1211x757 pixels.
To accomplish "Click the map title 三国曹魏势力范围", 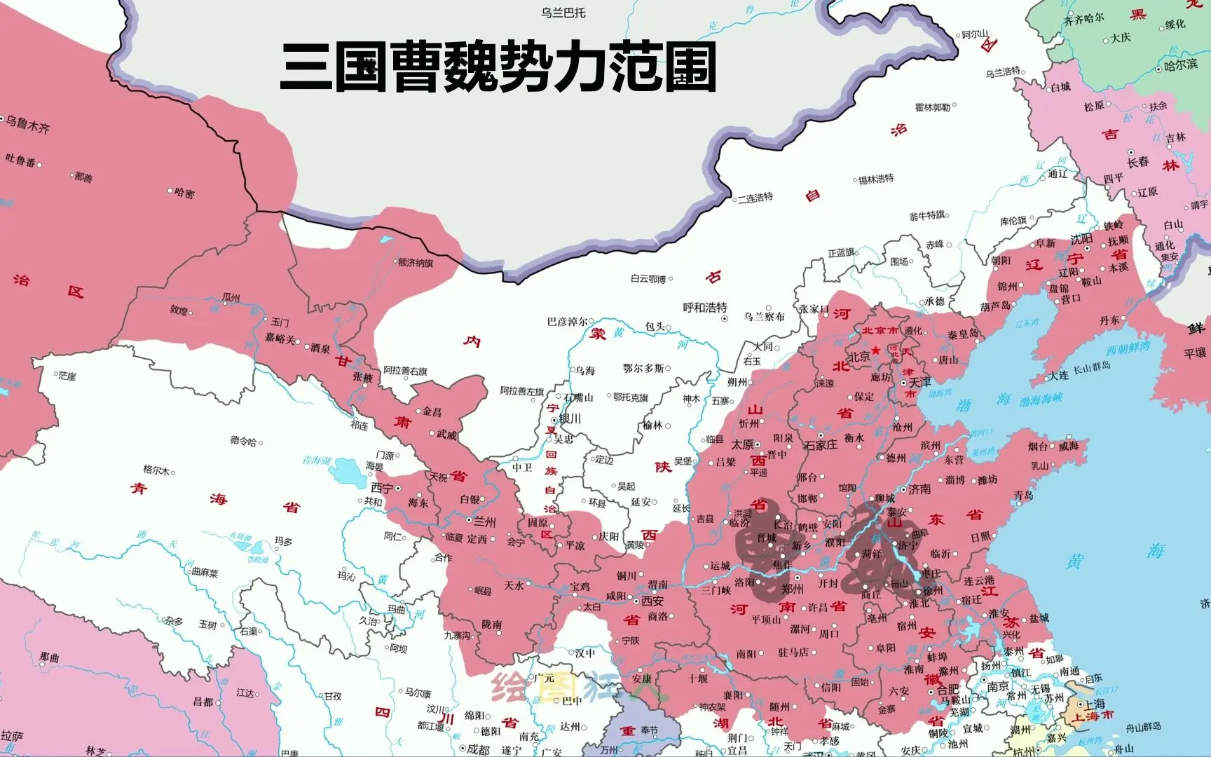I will [x=498, y=68].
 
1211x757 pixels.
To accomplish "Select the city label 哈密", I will [x=184, y=193].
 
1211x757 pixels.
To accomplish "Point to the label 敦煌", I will [x=179, y=310].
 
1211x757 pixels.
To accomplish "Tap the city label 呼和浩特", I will [x=705, y=308].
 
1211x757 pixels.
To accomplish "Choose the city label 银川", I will [x=570, y=419].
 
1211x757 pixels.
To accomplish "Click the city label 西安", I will [x=652, y=601].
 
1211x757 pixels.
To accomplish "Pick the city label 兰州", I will [x=484, y=522].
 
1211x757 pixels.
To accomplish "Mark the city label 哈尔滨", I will [x=1181, y=65].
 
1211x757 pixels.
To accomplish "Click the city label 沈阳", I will [x=1081, y=239].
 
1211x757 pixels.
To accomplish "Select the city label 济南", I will [x=919, y=489].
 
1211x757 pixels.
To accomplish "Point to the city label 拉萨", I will [x=12, y=735].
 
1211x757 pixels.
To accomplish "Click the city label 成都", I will [x=478, y=749].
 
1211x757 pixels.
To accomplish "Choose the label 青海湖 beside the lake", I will [x=317, y=461].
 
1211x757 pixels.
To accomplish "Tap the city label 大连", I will [x=1059, y=376].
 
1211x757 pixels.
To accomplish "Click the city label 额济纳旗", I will [x=416, y=264].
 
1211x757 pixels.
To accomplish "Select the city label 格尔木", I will [x=156, y=470].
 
